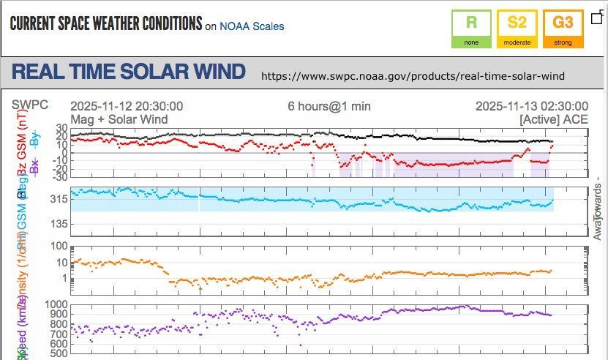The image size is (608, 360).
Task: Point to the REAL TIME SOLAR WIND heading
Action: pyautogui.click(x=129, y=72)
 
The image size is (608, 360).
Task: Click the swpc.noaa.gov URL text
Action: pyautogui.click(x=413, y=76)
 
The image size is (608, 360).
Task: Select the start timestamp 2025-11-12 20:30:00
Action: pyautogui.click(x=127, y=106)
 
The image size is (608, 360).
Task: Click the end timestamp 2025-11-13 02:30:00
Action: pyautogui.click(x=531, y=106)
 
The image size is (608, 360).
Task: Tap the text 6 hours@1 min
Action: pyautogui.click(x=329, y=106)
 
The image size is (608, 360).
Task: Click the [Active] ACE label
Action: pyautogui.click(x=553, y=119)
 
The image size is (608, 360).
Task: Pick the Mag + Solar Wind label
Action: pyautogui.click(x=119, y=119)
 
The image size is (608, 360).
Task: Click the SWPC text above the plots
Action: pyautogui.click(x=30, y=105)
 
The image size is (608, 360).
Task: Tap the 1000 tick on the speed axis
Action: pyautogui.click(x=56, y=304)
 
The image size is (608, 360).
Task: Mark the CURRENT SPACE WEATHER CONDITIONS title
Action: pyautogui.click(x=105, y=23)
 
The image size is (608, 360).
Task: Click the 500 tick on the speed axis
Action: pyautogui.click(x=59, y=353)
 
